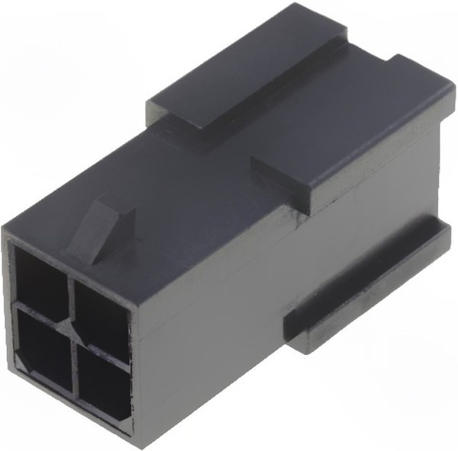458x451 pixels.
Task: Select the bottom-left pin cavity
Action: [x=44, y=343]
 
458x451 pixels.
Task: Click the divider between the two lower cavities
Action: [x=75, y=358]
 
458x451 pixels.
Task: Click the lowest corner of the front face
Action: [x=130, y=437]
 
